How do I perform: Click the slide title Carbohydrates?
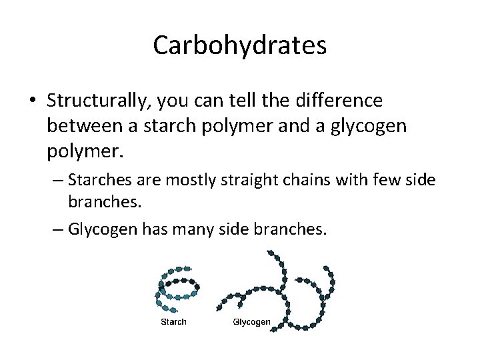[x=239, y=46]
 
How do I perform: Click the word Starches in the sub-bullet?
[x=97, y=180]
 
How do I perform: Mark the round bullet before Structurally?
[x=33, y=102]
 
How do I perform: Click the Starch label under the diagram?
[x=174, y=322]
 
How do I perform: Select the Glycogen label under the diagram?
[x=251, y=322]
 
